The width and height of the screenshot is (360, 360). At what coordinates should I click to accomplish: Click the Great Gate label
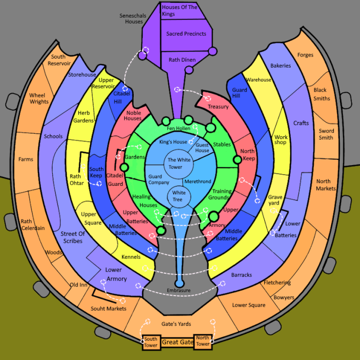178,342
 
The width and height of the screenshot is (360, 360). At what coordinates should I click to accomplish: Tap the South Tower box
151,342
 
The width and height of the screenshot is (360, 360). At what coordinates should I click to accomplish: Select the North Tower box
203,341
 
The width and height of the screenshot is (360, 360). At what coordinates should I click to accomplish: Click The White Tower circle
179,163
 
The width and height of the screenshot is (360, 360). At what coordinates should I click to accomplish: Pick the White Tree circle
179,196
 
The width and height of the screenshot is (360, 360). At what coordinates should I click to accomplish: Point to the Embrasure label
178,290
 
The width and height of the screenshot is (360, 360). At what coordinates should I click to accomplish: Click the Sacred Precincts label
186,34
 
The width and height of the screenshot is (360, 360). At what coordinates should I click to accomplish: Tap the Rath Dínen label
182,60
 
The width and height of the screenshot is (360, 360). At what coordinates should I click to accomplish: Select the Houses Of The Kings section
182,11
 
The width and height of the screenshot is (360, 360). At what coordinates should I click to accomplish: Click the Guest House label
202,148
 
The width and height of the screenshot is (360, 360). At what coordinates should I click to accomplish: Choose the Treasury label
218,107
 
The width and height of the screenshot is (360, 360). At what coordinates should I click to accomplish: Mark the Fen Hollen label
178,128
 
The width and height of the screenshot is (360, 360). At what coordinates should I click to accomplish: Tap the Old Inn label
78,285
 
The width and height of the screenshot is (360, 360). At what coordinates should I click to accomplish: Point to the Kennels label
131,257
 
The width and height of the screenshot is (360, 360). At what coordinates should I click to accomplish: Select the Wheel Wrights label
39,99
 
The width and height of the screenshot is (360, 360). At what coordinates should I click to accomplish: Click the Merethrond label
198,182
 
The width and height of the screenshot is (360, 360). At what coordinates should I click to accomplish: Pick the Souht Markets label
108,308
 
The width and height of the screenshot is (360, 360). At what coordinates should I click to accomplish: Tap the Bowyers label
284,298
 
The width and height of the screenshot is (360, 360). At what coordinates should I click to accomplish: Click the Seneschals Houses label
133,19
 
